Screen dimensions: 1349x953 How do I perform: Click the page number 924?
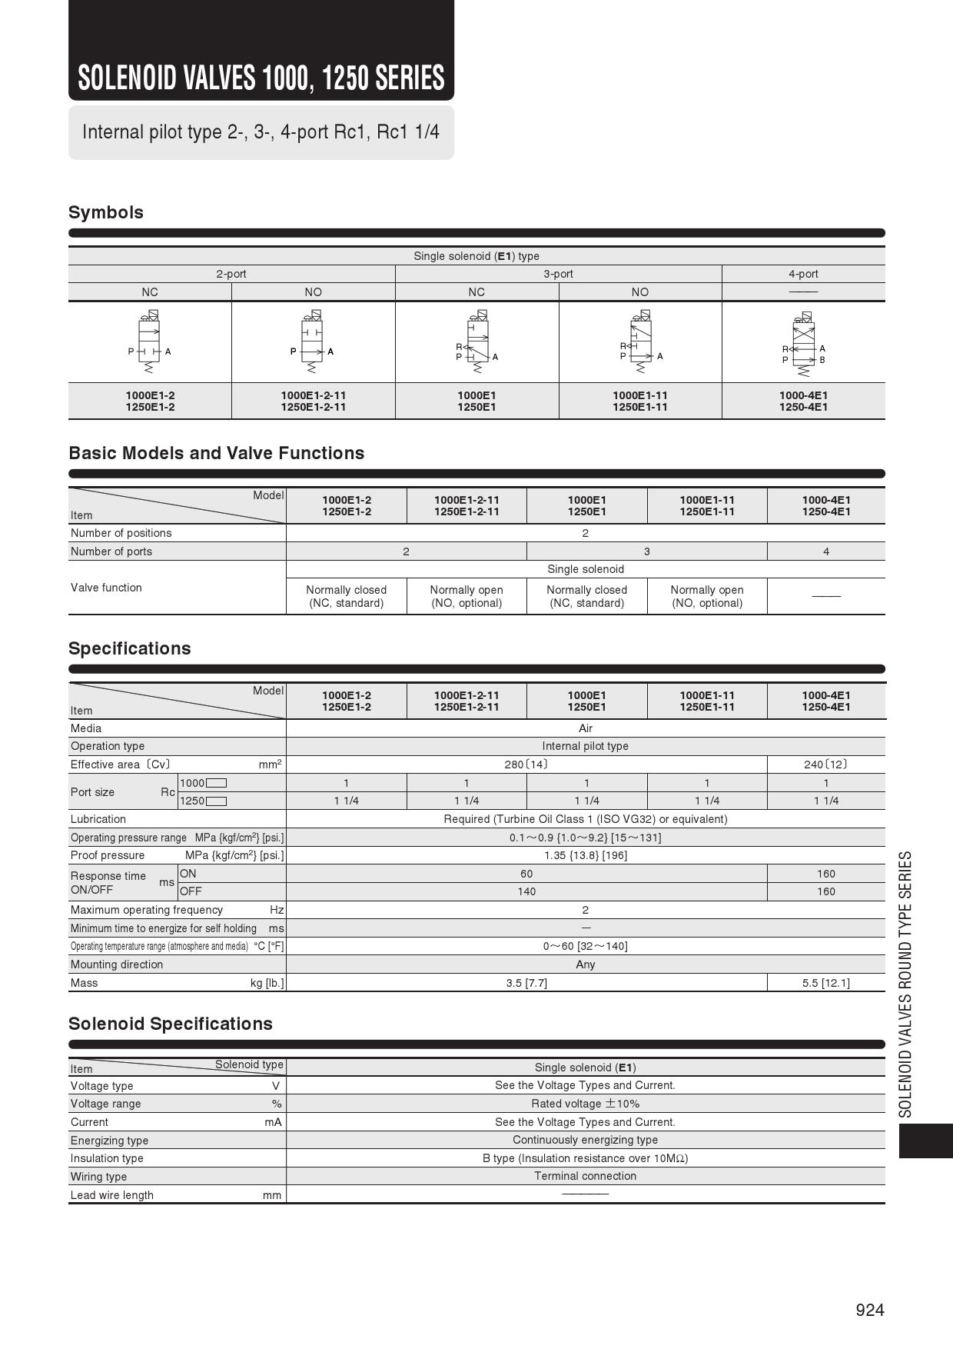(870, 1310)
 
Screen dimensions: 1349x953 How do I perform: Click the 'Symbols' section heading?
(106, 212)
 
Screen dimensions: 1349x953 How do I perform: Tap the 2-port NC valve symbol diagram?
(150, 342)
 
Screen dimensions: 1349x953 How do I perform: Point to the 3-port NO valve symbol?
(640, 342)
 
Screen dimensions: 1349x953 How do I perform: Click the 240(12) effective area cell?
(826, 764)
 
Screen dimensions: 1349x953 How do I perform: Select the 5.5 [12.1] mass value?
(826, 983)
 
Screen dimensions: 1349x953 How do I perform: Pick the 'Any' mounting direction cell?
(586, 964)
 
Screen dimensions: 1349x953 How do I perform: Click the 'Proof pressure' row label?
(108, 855)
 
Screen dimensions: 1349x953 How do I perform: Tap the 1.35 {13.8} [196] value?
(586, 855)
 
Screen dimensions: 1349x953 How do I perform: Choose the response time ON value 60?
(526, 874)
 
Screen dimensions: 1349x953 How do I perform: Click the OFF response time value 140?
(526, 891)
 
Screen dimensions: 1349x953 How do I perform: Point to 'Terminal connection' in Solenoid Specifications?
(586, 1176)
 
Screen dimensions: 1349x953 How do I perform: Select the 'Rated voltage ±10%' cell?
(586, 1104)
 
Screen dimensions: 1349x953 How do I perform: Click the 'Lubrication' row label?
(98, 819)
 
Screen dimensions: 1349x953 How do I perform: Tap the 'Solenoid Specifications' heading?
(171, 1024)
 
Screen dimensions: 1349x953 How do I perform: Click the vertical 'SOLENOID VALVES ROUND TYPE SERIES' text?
(906, 984)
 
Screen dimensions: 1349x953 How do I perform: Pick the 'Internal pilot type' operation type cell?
(586, 746)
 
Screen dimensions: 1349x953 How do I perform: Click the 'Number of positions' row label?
(121, 533)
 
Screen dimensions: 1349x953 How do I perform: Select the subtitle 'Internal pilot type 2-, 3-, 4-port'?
(261, 132)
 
